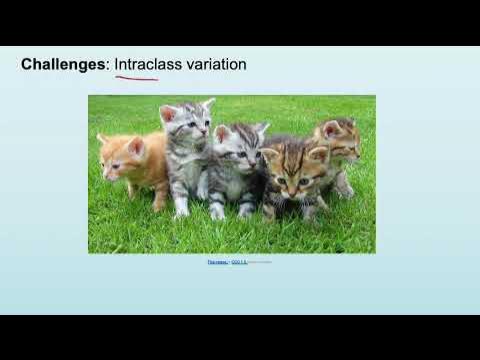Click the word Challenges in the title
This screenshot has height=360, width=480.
click(x=63, y=65)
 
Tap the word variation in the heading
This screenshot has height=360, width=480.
click(x=215, y=65)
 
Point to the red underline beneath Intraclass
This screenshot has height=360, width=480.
click(x=138, y=76)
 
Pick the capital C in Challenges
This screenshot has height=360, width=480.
click(x=27, y=65)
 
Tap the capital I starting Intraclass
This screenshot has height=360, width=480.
click(x=117, y=65)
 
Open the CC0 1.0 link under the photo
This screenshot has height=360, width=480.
click(x=238, y=262)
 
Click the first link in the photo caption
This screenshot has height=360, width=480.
click(x=217, y=262)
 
